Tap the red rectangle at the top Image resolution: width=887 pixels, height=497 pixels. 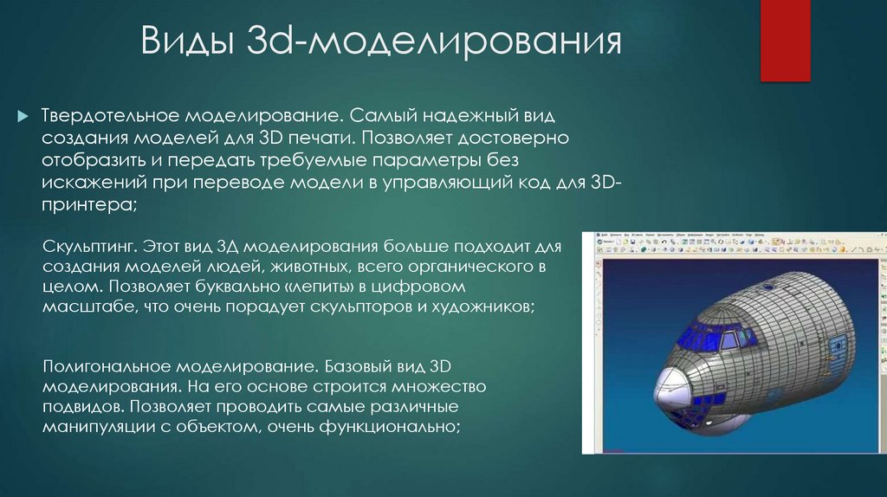[x=784, y=39]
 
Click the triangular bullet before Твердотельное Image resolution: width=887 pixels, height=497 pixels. [x=23, y=116]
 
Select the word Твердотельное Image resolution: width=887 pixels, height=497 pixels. [x=108, y=116]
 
